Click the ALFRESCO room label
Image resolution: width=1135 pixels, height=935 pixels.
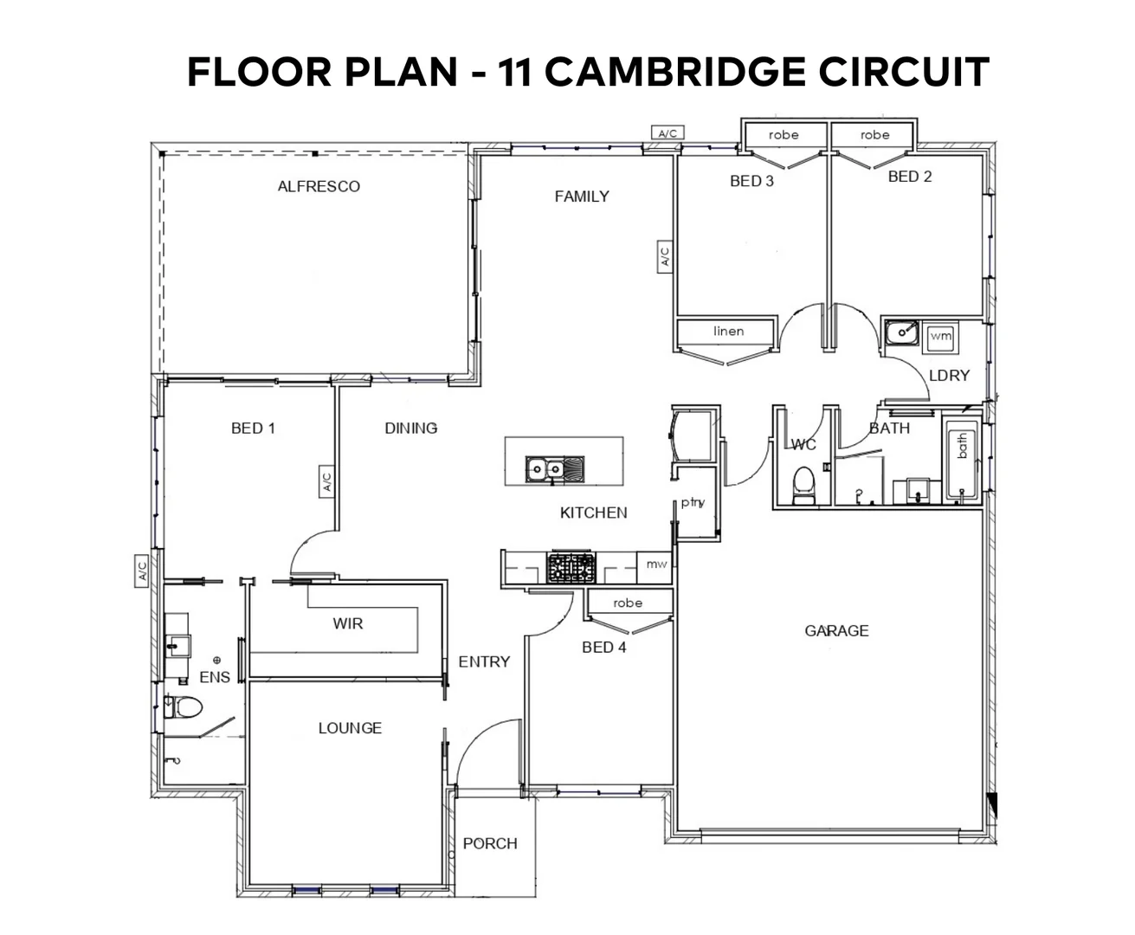(x=319, y=186)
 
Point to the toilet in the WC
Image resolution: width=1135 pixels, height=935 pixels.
(x=804, y=484)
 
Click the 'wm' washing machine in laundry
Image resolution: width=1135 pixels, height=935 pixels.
(x=940, y=336)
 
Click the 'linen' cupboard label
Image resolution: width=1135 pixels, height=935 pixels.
(x=728, y=332)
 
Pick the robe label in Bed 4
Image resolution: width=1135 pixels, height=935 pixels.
(x=628, y=603)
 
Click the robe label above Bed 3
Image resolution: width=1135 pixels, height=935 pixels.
(x=784, y=135)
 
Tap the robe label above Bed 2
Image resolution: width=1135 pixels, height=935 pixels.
(x=874, y=135)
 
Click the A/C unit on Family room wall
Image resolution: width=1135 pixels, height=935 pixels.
(x=665, y=257)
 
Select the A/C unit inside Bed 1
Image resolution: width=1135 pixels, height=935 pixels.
(x=327, y=481)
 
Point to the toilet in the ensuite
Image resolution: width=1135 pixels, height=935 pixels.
(x=184, y=707)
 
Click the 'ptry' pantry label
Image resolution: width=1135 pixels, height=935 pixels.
(x=693, y=502)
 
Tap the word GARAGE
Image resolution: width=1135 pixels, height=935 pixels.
(x=836, y=631)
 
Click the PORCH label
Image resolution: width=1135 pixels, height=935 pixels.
(x=490, y=843)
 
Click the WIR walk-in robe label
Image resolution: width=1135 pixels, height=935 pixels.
(x=348, y=623)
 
